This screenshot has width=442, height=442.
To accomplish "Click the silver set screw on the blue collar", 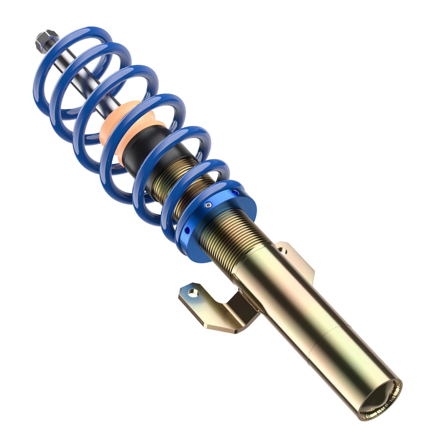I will point(209,205).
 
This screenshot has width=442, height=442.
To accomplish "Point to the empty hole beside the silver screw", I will point(235,193).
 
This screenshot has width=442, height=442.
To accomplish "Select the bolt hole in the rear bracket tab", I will point(282,251).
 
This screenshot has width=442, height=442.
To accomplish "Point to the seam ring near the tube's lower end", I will point(326,340).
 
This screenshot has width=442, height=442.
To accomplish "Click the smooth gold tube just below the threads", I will point(276,290).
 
